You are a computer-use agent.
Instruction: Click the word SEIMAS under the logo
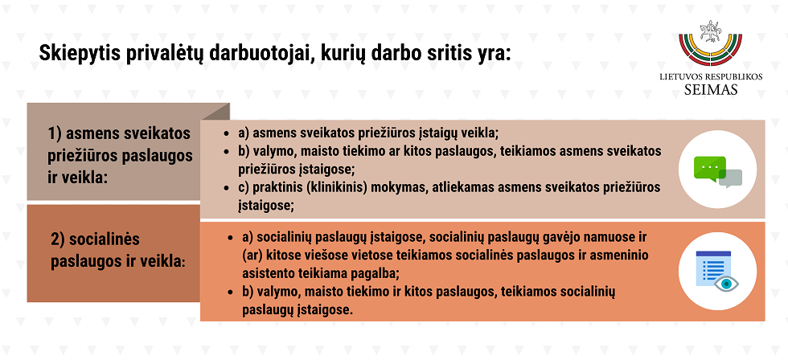pos(711,90)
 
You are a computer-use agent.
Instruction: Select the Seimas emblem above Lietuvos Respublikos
pos(710,43)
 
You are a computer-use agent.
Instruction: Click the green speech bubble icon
pos(709,168)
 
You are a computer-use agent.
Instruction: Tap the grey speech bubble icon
pos(731,178)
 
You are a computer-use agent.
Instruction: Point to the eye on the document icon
pos(726,284)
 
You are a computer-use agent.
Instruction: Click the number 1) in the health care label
pos(55,134)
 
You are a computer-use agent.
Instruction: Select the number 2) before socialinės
pos(58,240)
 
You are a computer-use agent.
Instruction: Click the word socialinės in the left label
pos(105,239)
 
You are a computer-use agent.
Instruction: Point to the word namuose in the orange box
pos(600,236)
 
